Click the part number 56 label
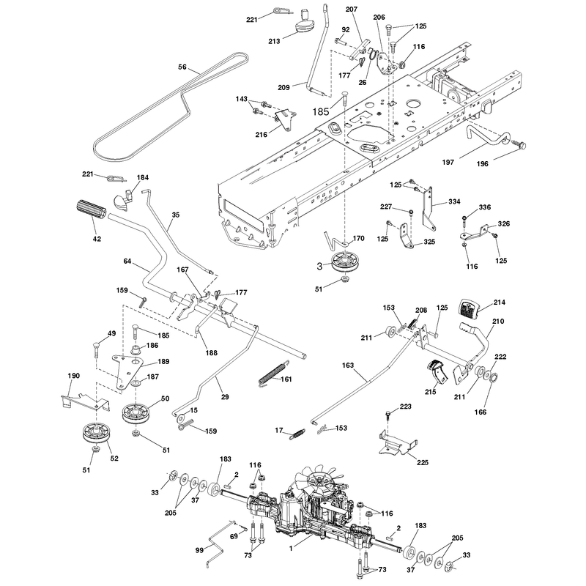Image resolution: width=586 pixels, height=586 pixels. [x=182, y=67]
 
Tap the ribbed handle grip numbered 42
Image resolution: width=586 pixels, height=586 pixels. [x=91, y=212]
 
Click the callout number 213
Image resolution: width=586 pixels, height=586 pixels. [x=274, y=41]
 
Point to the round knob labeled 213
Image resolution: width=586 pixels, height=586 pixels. [x=305, y=23]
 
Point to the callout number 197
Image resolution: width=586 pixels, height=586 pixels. [x=448, y=162]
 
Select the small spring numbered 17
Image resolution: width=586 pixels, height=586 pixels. [x=297, y=434]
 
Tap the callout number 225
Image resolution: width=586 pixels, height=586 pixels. [x=423, y=462]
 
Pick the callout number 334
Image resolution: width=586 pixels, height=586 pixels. [x=454, y=201]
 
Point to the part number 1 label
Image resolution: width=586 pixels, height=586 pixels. [x=291, y=549]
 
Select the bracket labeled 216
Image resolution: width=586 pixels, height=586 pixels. [x=285, y=119]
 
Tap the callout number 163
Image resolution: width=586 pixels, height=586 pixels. [x=347, y=365]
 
